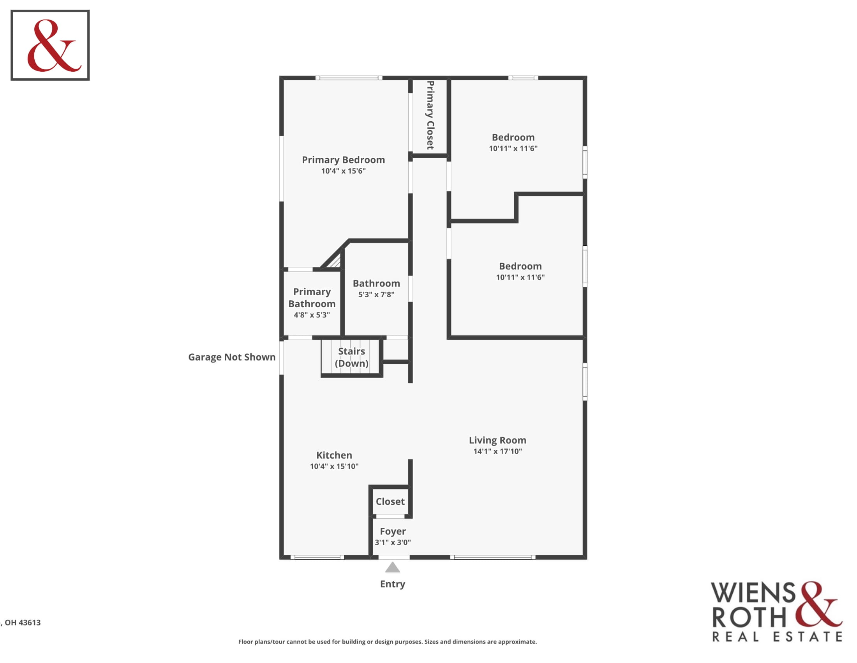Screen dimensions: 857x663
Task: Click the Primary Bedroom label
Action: pos(343,160)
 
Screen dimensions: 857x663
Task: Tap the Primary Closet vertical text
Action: pos(430,115)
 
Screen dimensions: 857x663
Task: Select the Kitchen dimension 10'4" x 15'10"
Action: pos(334,466)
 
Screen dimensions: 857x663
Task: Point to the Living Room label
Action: pos(497,440)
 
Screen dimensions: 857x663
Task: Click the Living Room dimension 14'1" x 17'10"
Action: pos(497,451)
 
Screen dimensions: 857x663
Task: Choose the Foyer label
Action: pos(392,532)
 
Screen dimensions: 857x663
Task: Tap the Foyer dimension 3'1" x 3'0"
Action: pos(392,542)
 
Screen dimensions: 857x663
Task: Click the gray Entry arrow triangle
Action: pos(392,567)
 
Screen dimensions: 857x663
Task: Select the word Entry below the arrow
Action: pos(392,584)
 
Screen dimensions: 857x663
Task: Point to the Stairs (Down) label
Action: pos(351,357)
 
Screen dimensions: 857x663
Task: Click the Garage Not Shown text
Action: pos(231,357)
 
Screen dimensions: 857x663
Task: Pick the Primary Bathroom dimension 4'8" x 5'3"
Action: pos(312,315)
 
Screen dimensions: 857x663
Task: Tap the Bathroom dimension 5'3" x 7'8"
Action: pos(376,294)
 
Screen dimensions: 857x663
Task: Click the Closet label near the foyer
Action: pos(390,502)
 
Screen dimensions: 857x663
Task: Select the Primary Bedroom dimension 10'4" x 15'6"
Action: pos(343,171)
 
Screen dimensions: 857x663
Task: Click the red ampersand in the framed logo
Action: pos(54,46)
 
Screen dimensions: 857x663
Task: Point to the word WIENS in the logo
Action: pos(754,593)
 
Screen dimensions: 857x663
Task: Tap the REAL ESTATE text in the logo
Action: pos(777,636)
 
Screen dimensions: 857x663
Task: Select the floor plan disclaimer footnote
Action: pos(387,642)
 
